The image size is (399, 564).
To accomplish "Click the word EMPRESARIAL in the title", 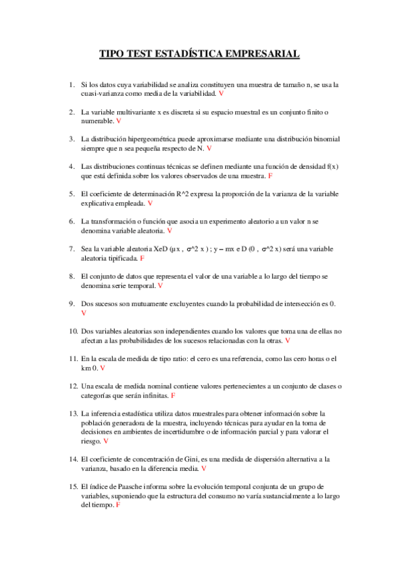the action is pos(259,54).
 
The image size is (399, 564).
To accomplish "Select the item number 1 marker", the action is pos(72,84).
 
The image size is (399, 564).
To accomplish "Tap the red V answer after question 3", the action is pos(208,149).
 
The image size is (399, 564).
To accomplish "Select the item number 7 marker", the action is pos(72,249).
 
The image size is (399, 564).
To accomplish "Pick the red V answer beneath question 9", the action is pos(83,313).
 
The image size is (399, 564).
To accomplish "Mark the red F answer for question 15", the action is pos(118,505).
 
